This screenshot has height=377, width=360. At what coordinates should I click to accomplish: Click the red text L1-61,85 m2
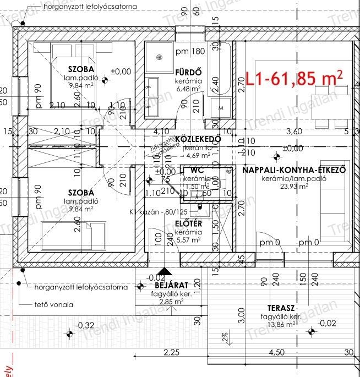tap(294, 78)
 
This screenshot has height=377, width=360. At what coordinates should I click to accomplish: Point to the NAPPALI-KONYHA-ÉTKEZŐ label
tap(294, 170)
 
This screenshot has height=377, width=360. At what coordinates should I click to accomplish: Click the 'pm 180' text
tap(190, 52)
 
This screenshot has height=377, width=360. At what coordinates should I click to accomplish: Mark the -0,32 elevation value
tap(85, 325)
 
